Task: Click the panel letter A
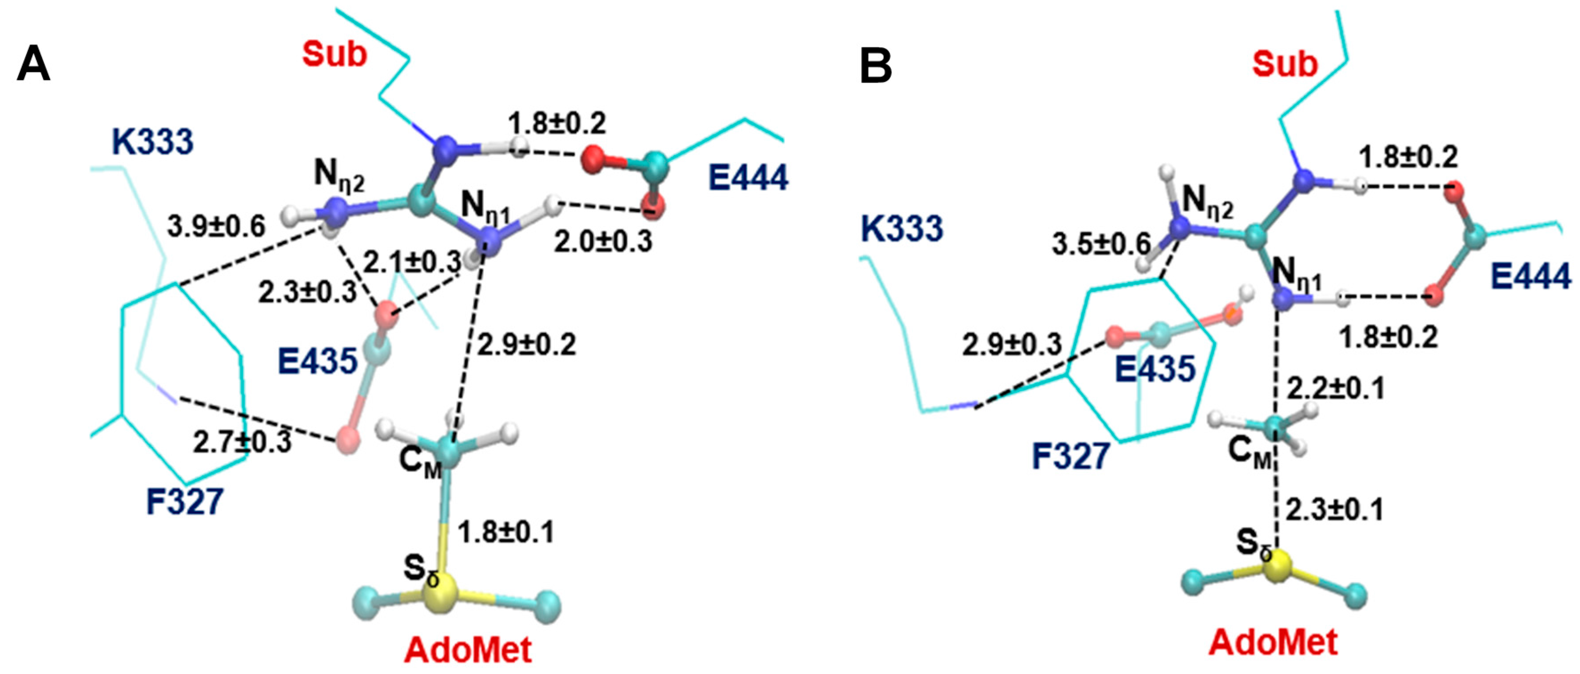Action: (x=33, y=65)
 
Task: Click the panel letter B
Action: (x=876, y=66)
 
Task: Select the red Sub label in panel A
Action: (x=334, y=54)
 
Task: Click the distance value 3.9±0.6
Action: (x=216, y=227)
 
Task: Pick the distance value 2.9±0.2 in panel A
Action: (x=526, y=345)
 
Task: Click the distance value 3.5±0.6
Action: (x=1102, y=244)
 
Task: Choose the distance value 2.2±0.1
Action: (x=1335, y=389)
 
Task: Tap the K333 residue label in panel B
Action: (x=902, y=229)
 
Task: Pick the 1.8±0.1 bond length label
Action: (x=506, y=532)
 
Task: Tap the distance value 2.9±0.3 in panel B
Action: (x=1011, y=345)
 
